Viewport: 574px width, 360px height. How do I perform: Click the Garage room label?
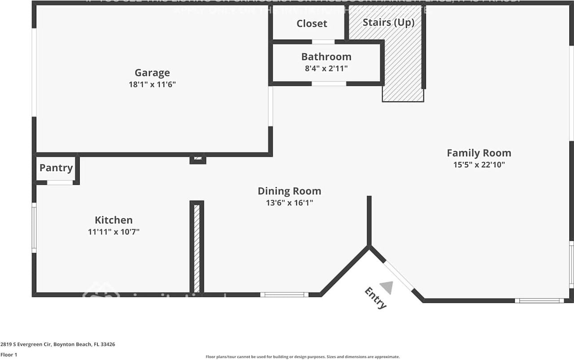(x=152, y=73)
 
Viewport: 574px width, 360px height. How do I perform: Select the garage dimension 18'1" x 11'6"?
(x=152, y=84)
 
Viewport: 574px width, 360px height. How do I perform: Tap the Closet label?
(x=312, y=23)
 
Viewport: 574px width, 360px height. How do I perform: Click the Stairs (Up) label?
(x=388, y=22)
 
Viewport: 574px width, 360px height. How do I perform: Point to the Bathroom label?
(x=326, y=57)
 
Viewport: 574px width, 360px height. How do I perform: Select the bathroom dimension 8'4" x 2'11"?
(x=326, y=69)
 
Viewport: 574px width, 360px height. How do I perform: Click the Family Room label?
(x=478, y=153)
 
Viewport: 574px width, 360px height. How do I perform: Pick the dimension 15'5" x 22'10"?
(x=478, y=165)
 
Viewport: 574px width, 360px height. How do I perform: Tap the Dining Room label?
(x=289, y=191)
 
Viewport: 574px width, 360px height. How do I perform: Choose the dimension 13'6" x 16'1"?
(x=289, y=203)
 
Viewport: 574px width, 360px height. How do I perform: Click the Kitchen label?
(x=113, y=220)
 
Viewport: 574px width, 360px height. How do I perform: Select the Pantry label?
(x=56, y=168)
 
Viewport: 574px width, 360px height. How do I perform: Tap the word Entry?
(x=375, y=299)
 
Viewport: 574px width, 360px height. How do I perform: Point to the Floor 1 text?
(x=9, y=355)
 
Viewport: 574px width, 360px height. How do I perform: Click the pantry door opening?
(x=60, y=182)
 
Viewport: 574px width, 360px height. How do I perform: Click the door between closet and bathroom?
(x=323, y=42)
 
